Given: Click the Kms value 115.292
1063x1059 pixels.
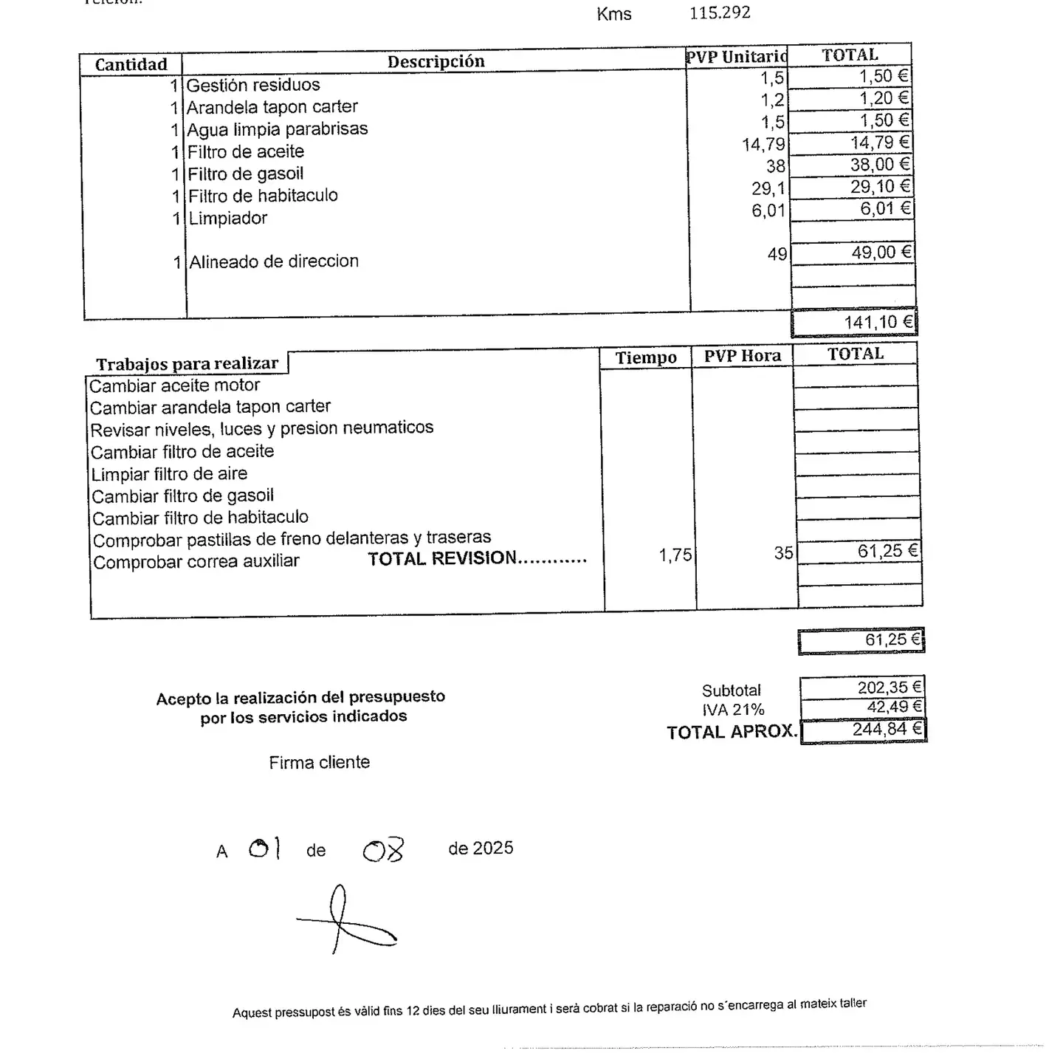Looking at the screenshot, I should coord(720,13).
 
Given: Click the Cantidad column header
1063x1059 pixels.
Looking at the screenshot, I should coord(131,64).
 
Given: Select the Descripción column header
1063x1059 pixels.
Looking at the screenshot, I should coord(436,61).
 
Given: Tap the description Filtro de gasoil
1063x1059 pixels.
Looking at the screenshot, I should coord(245,174).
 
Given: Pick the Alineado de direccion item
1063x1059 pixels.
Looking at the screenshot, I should coord(274,261).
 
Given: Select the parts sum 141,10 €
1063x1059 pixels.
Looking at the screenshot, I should coord(878,322).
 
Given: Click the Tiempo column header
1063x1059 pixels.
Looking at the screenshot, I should coord(646,357).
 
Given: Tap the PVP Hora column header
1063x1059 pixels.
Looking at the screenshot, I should coord(742,356).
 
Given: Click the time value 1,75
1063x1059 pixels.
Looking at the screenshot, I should coord(675,555).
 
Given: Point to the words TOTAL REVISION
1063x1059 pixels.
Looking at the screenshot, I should coord(442,558).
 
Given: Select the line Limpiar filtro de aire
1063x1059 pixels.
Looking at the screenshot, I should coord(169,474).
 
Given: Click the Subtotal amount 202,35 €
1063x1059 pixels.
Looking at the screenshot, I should coord(889,688).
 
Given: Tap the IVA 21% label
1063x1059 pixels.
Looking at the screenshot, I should coord(732,710).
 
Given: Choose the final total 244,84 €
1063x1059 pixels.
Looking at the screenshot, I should coord(887,730).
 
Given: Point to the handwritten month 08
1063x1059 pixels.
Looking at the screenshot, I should coord(383,851).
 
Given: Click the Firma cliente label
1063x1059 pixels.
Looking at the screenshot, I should coord(319,762).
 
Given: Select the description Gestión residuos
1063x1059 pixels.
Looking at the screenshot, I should coord(252,85).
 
